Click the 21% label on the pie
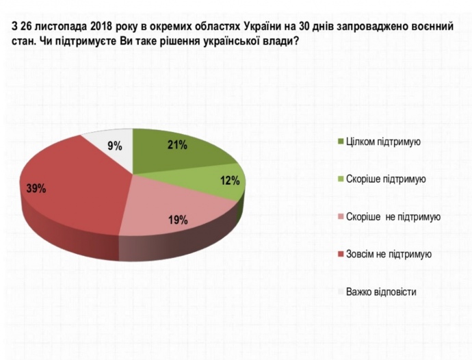pyautogui.click(x=177, y=145)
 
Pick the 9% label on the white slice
pyautogui.click(x=114, y=146)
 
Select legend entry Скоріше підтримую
pyautogui.click(x=386, y=179)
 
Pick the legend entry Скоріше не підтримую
pyautogui.click(x=393, y=217)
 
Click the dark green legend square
pyautogui.click(x=340, y=142)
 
